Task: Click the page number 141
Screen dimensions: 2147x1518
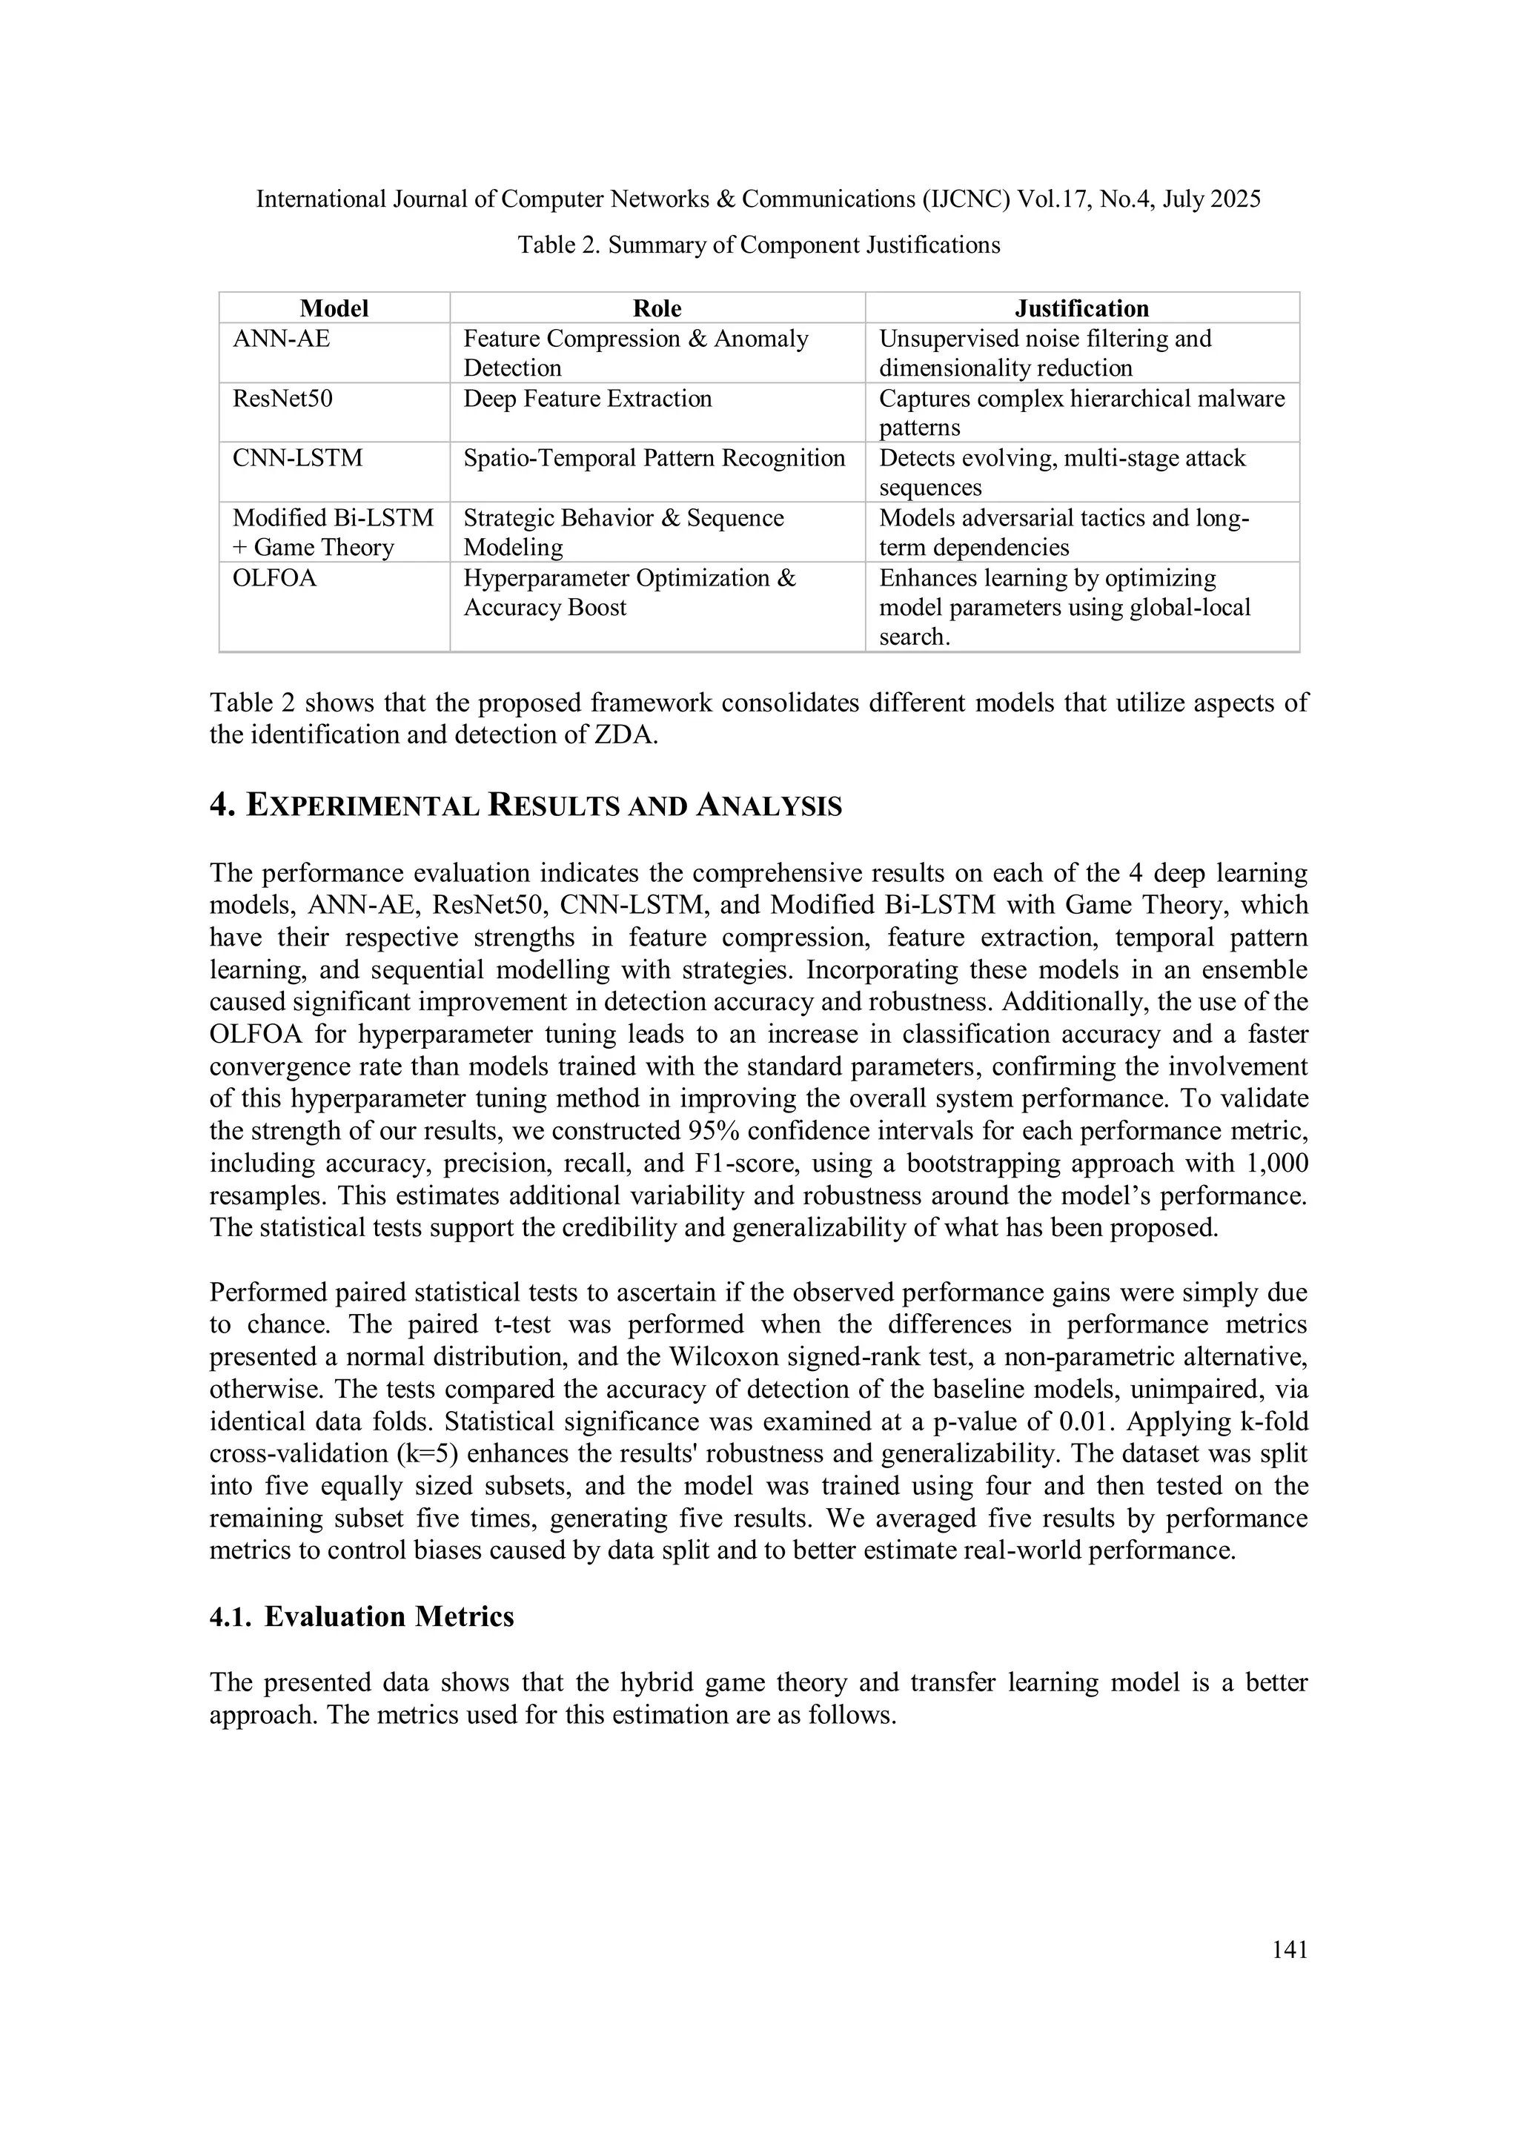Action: point(1290,1950)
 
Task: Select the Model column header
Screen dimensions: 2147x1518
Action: point(334,308)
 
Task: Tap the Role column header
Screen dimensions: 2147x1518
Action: point(657,308)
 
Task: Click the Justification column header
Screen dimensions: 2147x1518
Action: point(1081,308)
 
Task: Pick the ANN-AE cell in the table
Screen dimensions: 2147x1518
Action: point(282,339)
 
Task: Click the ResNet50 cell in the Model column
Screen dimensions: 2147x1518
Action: point(282,399)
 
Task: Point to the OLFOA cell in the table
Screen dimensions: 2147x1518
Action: point(275,578)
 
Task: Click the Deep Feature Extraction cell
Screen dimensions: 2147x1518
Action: point(587,399)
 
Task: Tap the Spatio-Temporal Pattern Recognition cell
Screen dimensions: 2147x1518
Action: point(654,458)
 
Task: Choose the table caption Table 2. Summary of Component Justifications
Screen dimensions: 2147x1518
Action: point(758,245)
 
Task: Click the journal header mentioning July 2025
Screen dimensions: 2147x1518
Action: point(758,199)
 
